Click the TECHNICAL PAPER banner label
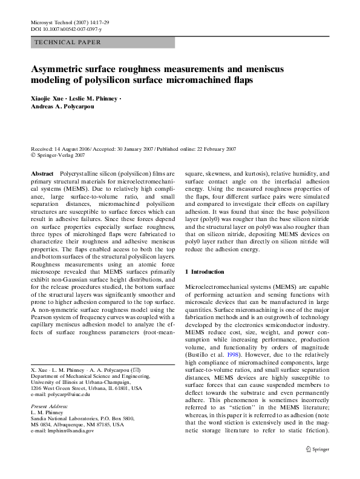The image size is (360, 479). [x=68, y=42]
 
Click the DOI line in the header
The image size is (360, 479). [x=66, y=29]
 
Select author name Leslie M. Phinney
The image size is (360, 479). [x=96, y=97]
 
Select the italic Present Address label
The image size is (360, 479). [x=50, y=407]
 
